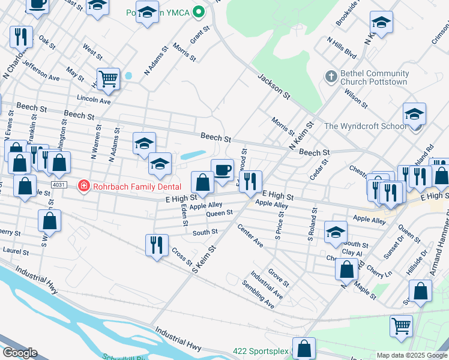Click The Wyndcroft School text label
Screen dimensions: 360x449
365,126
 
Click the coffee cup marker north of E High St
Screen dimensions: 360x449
222,170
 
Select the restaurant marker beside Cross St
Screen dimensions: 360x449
157,244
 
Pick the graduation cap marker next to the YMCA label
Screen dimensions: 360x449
147,13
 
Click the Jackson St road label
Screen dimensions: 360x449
274,86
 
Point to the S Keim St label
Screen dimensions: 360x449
204,257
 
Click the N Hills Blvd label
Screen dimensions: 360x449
342,49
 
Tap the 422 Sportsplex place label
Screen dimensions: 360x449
261,350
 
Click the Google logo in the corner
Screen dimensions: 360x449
19,353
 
